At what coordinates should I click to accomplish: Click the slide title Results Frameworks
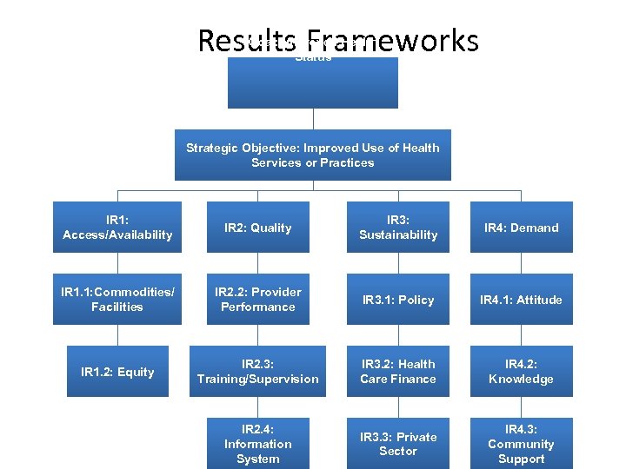point(337,40)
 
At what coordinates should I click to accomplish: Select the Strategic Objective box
point(313,155)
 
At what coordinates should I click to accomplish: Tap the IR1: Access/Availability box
point(117,228)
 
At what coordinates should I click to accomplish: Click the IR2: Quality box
point(258,228)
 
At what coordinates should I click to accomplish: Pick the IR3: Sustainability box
point(398,228)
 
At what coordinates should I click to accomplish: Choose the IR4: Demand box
point(522,228)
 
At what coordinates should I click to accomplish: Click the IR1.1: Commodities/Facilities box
point(117,300)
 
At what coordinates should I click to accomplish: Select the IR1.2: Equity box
point(117,372)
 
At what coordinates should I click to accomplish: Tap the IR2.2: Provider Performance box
point(258,300)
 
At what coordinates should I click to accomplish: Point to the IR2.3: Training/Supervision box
point(258,372)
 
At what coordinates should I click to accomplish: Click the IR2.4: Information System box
point(258,444)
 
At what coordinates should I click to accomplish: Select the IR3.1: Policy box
point(398,300)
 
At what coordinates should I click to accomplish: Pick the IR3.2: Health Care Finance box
point(398,372)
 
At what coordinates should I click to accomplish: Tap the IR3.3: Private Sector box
point(398,444)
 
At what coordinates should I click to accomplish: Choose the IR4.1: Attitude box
point(522,300)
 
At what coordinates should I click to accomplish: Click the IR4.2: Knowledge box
point(522,372)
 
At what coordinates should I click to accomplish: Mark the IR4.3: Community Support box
point(522,444)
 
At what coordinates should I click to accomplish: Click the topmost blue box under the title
point(313,83)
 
